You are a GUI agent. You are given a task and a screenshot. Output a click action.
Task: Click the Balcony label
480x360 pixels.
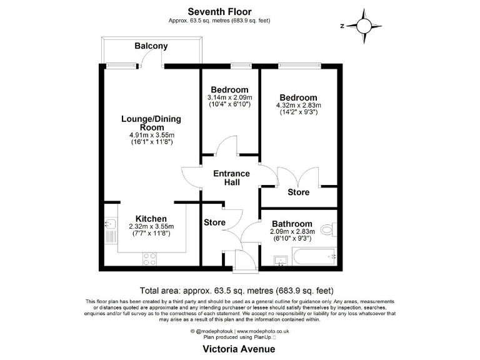(x=151, y=46)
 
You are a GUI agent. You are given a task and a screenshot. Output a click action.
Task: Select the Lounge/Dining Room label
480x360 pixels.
(x=143, y=122)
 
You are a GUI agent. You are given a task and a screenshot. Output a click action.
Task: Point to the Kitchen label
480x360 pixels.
(x=151, y=218)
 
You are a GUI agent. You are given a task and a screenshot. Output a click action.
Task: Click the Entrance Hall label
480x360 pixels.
(x=231, y=177)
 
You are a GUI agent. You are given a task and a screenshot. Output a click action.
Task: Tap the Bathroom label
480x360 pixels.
(x=291, y=224)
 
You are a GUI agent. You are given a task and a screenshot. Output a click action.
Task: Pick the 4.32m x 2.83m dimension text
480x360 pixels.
(x=299, y=106)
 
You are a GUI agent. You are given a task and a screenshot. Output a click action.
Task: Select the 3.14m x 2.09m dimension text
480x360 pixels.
(x=229, y=97)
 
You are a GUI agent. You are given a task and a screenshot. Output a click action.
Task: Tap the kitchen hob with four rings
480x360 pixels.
(x=150, y=257)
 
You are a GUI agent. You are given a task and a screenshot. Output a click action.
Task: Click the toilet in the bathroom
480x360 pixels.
(x=328, y=228)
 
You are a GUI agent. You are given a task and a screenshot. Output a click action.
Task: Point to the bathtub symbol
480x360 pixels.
(x=314, y=256)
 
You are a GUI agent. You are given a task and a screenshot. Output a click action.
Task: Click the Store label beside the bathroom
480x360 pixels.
(x=298, y=192)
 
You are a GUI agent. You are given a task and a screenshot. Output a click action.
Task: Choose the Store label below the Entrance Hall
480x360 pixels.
(x=214, y=222)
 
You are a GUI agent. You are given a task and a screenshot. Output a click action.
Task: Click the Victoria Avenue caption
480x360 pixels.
(x=239, y=349)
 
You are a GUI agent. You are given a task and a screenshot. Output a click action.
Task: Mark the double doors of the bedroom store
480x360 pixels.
(x=298, y=176)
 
